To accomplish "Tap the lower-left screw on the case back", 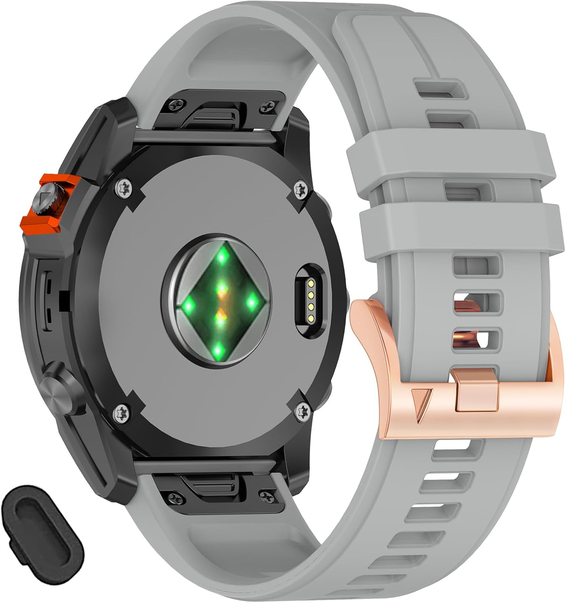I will (x=121, y=412).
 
